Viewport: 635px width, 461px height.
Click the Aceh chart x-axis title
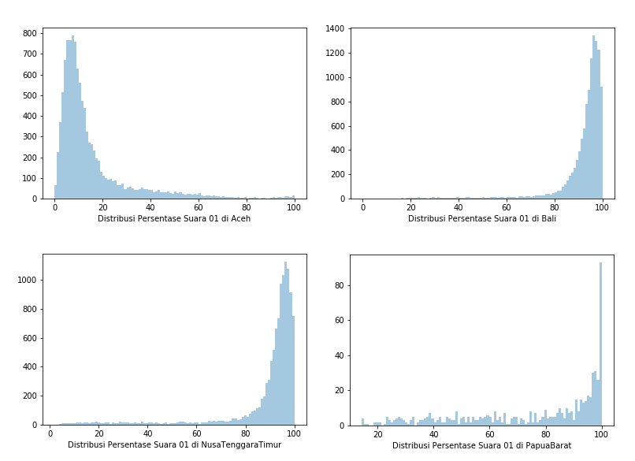174,218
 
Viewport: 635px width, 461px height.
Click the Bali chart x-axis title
482,218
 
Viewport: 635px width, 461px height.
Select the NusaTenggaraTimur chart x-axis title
174,444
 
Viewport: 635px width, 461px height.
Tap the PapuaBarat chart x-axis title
482,445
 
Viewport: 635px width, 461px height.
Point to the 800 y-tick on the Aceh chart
30,34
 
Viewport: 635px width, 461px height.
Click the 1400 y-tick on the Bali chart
335,29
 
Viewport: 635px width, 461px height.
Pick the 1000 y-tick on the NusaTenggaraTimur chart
28,280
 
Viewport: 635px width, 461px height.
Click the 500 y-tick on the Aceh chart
30,95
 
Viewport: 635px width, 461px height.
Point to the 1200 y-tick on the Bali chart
335,54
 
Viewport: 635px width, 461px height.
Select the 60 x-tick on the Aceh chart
199,206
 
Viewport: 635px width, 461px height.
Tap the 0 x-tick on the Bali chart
362,206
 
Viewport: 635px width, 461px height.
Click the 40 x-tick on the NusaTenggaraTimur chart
148,433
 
